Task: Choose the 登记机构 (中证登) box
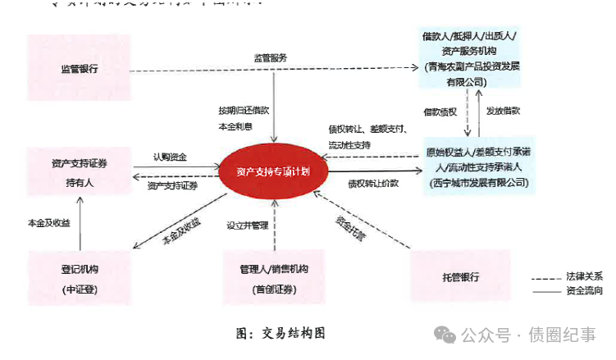pyautogui.click(x=80, y=278)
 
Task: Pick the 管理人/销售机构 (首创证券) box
pyautogui.click(x=273, y=278)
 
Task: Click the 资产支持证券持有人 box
pyautogui.click(x=80, y=172)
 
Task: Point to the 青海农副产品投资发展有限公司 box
pyautogui.click(x=467, y=59)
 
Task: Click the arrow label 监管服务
pyautogui.click(x=270, y=57)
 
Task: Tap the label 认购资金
pyautogui.click(x=171, y=157)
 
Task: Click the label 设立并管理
pyautogui.click(x=247, y=225)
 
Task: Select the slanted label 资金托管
pyautogui.click(x=350, y=227)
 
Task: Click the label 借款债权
pyautogui.click(x=440, y=111)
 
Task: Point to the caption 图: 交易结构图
pyautogui.click(x=281, y=333)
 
